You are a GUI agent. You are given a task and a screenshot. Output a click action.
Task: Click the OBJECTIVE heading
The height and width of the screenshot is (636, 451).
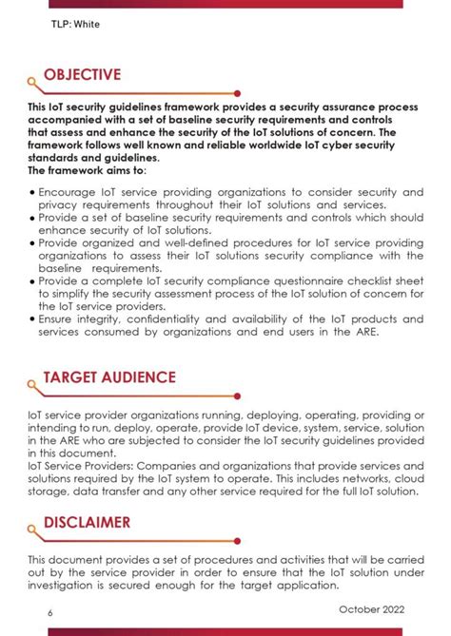click(x=82, y=75)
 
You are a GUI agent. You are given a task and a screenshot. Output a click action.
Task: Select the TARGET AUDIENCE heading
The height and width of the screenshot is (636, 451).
click(x=109, y=377)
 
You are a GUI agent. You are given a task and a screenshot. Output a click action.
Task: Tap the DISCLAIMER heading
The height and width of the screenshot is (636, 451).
click(x=88, y=523)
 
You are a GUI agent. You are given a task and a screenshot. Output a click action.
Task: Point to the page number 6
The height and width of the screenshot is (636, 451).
click(x=49, y=612)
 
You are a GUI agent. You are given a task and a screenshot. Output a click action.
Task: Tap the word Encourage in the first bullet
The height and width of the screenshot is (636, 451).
click(x=68, y=192)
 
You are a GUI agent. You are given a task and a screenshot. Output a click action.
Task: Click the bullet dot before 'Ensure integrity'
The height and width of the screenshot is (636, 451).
click(x=31, y=318)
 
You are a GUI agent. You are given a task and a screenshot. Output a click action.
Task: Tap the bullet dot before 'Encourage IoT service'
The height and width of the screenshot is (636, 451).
click(x=31, y=192)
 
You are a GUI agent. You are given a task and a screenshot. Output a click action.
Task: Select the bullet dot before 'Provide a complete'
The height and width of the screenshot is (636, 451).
click(x=31, y=281)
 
